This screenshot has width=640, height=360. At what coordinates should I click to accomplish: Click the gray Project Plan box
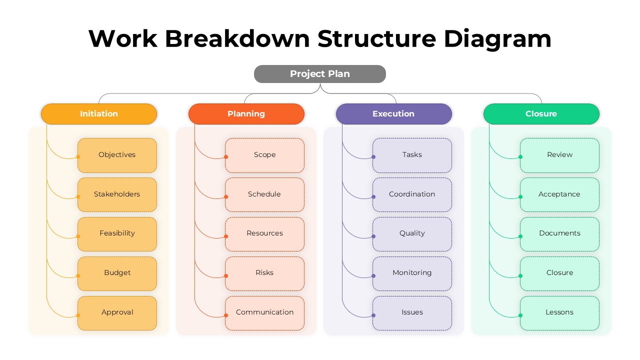click(x=320, y=74)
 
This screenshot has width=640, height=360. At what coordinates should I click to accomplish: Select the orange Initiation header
click(x=99, y=114)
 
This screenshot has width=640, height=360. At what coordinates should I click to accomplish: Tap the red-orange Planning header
click(x=246, y=114)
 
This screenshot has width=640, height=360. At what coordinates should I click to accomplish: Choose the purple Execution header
click(x=393, y=114)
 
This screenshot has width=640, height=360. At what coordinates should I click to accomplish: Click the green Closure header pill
click(x=541, y=114)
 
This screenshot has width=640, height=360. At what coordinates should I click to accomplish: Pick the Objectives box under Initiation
click(x=117, y=155)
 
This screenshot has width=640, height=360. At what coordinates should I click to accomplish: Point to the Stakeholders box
click(x=117, y=194)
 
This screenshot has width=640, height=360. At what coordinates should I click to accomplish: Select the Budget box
click(x=117, y=273)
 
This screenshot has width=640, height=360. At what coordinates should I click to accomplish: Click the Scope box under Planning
click(x=264, y=155)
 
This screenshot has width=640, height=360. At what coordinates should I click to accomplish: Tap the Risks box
click(x=264, y=273)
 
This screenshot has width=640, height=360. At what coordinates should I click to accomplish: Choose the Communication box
click(x=264, y=312)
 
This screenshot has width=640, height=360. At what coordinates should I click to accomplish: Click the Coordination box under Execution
click(x=412, y=194)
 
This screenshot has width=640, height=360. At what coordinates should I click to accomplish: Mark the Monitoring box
click(x=412, y=273)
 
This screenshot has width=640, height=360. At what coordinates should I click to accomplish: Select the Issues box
click(x=412, y=312)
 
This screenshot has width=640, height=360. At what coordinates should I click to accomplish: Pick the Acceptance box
click(x=559, y=194)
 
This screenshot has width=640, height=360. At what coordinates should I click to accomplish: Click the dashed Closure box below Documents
click(x=559, y=273)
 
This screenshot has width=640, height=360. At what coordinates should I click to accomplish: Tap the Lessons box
click(x=559, y=312)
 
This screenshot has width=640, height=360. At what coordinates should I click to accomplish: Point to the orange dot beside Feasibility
click(x=78, y=236)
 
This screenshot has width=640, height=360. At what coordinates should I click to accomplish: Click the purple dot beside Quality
click(x=373, y=236)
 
